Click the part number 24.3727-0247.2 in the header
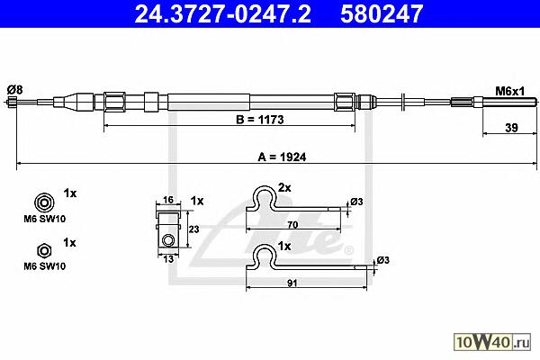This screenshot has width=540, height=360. coord(222,13)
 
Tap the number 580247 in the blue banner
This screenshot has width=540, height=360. coord(382,13)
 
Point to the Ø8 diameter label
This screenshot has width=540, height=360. coord(14,90)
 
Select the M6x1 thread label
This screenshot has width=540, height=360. coord(509,91)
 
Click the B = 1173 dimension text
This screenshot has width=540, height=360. coord(260,120)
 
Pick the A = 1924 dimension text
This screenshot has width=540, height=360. coord(282,157)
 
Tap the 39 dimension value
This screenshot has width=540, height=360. coord(511,128)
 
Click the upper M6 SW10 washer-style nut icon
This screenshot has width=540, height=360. coord(44,202)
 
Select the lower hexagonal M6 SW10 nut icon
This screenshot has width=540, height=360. coord(44,251)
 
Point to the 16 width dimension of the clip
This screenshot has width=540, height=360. coord(167,200)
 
